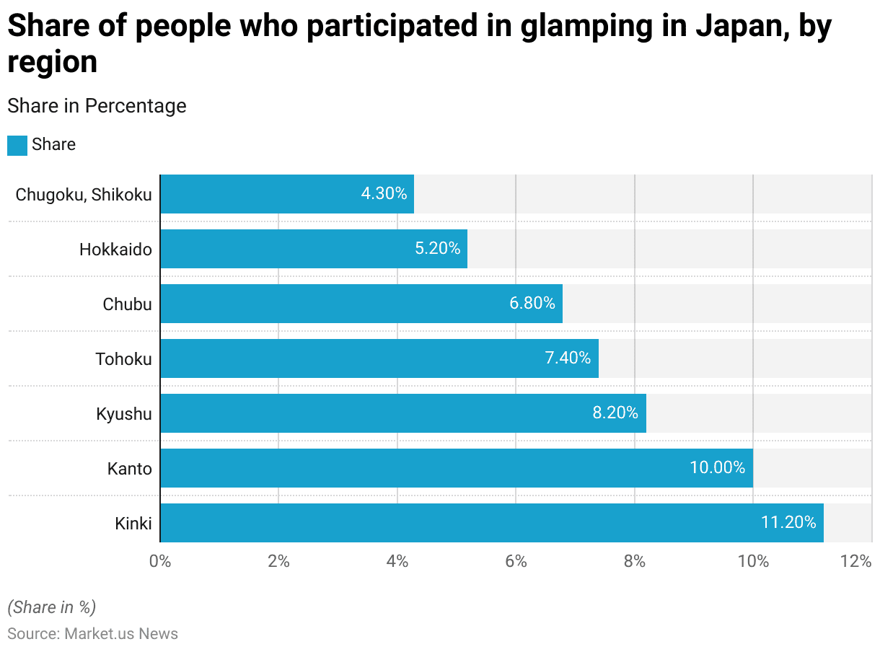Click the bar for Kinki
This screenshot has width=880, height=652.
click(491, 523)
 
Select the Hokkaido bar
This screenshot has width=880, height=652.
click(314, 249)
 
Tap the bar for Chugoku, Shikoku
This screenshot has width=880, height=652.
click(287, 194)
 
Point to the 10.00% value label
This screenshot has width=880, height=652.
click(717, 467)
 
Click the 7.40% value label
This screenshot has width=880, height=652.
click(568, 358)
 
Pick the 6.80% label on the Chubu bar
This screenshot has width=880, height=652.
click(532, 303)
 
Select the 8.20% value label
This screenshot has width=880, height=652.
click(615, 413)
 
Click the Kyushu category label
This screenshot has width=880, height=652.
click(124, 414)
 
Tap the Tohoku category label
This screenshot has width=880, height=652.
click(123, 358)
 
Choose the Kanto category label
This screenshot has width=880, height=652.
click(130, 469)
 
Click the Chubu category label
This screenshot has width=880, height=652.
click(127, 304)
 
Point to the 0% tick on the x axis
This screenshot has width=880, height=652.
click(160, 562)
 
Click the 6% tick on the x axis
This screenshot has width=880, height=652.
click(516, 562)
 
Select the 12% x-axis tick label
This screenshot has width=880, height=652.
click(856, 562)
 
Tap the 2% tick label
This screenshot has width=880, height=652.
click(278, 562)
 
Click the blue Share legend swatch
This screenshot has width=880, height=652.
click(17, 145)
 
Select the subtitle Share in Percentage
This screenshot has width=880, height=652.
click(97, 106)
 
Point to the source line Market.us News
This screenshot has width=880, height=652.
click(92, 634)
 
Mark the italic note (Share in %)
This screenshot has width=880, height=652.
click(51, 607)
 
